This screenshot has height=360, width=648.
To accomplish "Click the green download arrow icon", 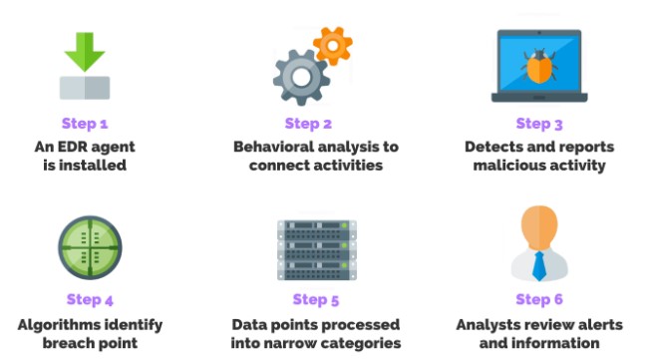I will (85, 51).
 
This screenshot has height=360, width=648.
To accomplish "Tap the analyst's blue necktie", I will (539, 264).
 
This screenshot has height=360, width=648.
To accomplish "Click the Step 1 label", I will (85, 124).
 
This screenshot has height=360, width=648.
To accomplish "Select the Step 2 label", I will (308, 124).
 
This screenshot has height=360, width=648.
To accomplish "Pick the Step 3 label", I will (539, 124).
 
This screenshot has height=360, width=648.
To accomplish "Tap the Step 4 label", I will (90, 299).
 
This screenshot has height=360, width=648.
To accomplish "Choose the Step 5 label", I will (316, 299).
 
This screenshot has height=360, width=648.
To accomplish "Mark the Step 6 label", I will (539, 299).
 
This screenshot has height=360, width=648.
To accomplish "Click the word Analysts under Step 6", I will (490, 324).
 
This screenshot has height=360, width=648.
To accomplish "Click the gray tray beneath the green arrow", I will (85, 87).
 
